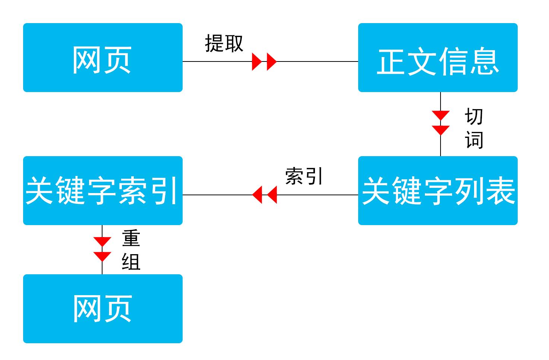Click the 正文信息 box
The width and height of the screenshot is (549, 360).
(x=438, y=58)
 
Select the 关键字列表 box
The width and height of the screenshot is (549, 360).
(x=438, y=191)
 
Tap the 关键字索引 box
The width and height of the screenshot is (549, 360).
(x=102, y=191)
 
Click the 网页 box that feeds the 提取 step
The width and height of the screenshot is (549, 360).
(x=102, y=58)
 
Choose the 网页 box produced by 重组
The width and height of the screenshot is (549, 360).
(x=102, y=309)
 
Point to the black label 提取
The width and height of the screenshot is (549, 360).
(x=224, y=44)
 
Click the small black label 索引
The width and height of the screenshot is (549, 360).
(x=304, y=176)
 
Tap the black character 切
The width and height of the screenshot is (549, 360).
(x=474, y=117)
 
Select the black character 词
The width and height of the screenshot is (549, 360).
(x=474, y=140)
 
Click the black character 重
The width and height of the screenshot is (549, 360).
(x=131, y=239)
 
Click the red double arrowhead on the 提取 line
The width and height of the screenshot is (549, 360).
(x=264, y=61)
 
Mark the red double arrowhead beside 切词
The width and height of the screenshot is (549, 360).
(x=441, y=123)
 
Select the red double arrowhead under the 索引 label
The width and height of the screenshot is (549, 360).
(x=264, y=195)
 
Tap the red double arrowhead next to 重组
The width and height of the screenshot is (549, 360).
(x=102, y=249)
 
